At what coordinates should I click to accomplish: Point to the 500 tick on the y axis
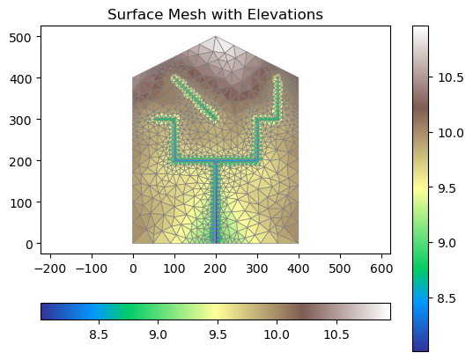click(x=39, y=36)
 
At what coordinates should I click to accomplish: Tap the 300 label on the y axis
click(x=20, y=121)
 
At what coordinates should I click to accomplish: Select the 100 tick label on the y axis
click(x=21, y=203)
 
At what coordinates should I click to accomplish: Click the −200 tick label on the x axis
click(x=50, y=268)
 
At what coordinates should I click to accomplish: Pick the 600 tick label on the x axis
click(x=381, y=268)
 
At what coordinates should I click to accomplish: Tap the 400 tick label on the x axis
click(x=299, y=268)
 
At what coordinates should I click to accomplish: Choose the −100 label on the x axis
click(x=92, y=268)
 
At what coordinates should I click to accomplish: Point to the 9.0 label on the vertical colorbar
click(x=447, y=243)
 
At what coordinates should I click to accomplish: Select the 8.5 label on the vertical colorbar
click(x=447, y=298)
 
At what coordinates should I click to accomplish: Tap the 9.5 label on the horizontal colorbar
click(x=218, y=334)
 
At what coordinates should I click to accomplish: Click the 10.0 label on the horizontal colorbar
click(x=277, y=334)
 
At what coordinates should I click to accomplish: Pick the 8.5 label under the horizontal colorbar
click(x=99, y=334)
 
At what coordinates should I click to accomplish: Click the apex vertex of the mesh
click(x=216, y=36)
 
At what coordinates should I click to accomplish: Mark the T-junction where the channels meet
click(x=216, y=161)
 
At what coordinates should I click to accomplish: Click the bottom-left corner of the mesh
click(x=133, y=243)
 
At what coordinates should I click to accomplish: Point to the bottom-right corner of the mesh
click(x=299, y=243)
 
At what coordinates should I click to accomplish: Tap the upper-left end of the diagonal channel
click(x=174, y=77)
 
